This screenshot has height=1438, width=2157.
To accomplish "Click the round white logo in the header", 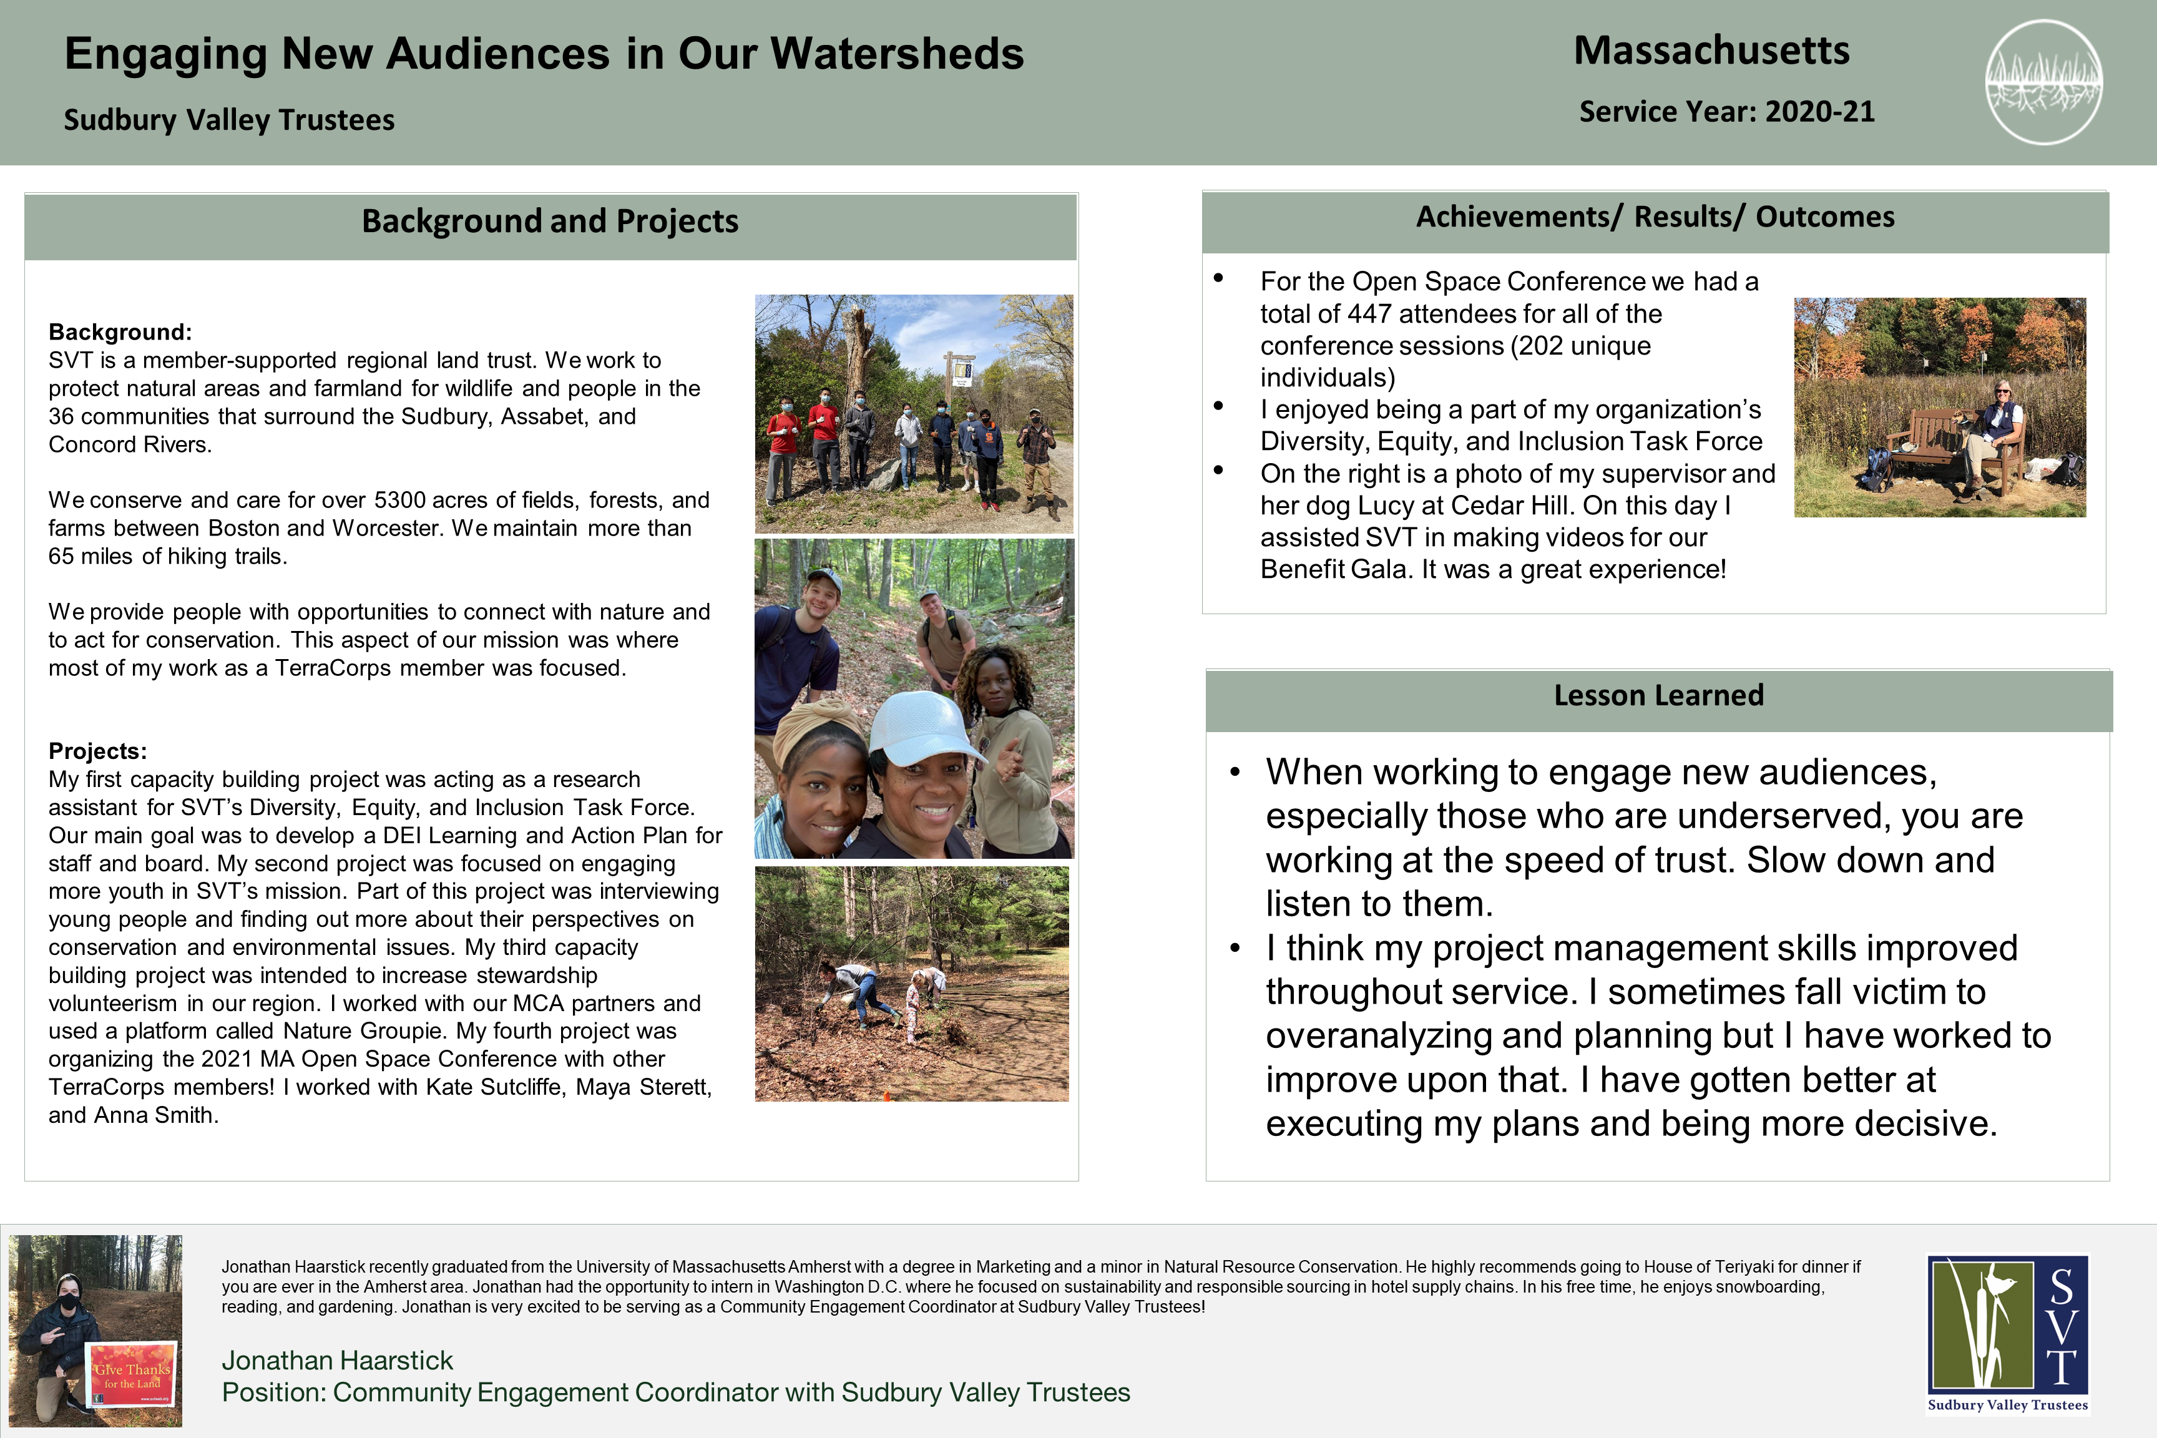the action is coord(2043,82).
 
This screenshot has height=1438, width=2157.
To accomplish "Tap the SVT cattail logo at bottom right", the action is coord(2007,1334).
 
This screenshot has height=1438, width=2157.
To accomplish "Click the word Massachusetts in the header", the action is coord(1711,51).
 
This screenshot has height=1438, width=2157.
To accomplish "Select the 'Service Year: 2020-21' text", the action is coord(1726,112).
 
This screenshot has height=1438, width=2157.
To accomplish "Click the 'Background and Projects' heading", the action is coord(550,221).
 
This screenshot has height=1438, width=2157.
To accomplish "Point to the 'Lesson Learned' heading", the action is coord(1658,695).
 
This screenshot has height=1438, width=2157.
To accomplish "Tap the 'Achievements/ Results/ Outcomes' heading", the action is coord(1655,217).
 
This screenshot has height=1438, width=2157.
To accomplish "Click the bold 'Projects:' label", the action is coord(97,751).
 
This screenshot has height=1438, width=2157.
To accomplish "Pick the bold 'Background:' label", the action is coord(120,332).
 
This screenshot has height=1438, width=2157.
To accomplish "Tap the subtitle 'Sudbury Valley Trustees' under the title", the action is coord(229,120).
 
